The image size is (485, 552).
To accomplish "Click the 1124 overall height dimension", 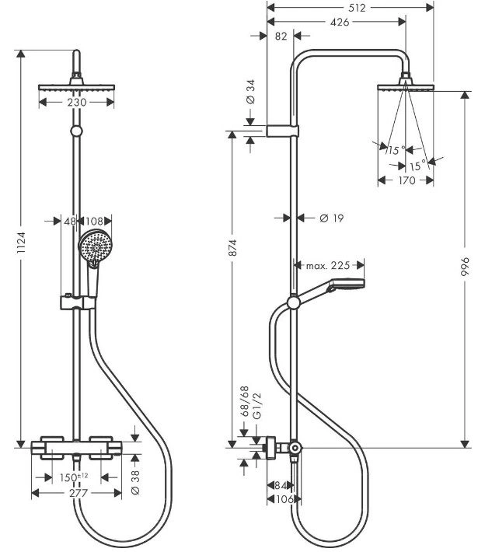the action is (22, 243).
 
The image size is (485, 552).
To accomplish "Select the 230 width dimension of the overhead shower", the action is (77, 102).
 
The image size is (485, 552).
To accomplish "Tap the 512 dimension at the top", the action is (357, 8).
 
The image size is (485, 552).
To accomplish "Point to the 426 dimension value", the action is (340, 23).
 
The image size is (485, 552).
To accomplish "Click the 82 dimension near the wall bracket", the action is (281, 37).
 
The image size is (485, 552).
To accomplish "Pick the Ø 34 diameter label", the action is (250, 92).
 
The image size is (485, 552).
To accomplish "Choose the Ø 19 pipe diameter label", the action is (332, 218).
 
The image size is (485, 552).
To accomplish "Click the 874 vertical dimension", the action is (232, 247).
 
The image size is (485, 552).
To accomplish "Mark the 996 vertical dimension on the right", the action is (466, 267).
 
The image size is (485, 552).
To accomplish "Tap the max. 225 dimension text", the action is (328, 265).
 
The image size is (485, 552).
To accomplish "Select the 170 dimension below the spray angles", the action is (406, 180).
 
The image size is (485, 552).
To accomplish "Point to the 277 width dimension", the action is (79, 493).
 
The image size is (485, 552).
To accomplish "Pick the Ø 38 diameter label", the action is (135, 482).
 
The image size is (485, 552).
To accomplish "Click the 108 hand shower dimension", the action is (94, 222).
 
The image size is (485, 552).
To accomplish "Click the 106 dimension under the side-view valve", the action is (284, 499).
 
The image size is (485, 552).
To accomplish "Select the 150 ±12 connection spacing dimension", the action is (74, 477).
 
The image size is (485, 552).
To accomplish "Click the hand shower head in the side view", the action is (345, 285).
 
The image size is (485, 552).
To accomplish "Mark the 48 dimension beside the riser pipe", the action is (70, 222).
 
